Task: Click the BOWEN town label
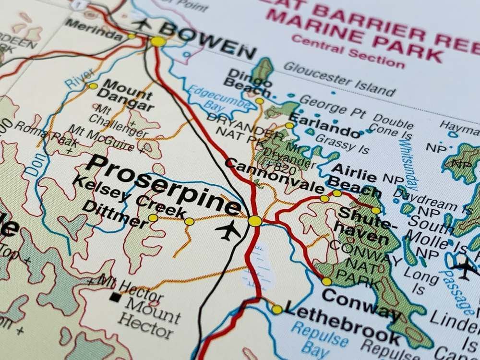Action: tap(207, 39)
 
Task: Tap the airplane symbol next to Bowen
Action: tap(142, 23)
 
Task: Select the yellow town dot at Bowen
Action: tap(158, 42)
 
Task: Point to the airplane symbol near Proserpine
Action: tap(228, 230)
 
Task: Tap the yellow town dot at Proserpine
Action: tap(255, 221)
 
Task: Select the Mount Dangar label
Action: tap(129, 95)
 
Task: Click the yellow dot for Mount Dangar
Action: tap(93, 86)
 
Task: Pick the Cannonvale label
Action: tap(274, 175)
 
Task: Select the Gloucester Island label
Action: tap(339, 79)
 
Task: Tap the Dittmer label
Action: tap(115, 214)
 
